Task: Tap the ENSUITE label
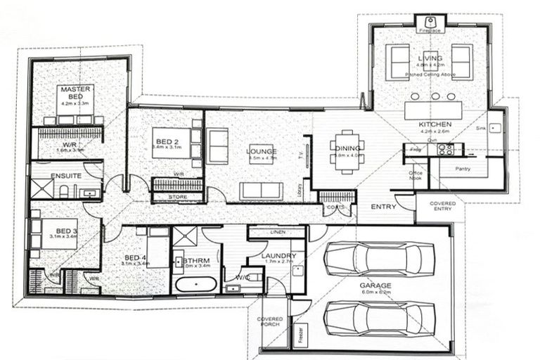pos(66,175)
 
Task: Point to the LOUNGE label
pos(262,151)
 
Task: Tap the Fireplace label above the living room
pos(428,31)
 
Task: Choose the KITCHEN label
pos(435,124)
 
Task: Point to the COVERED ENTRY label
pos(442,207)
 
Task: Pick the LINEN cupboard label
pos(276,231)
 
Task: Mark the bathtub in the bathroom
pos(195,285)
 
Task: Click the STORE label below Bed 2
pos(178,197)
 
